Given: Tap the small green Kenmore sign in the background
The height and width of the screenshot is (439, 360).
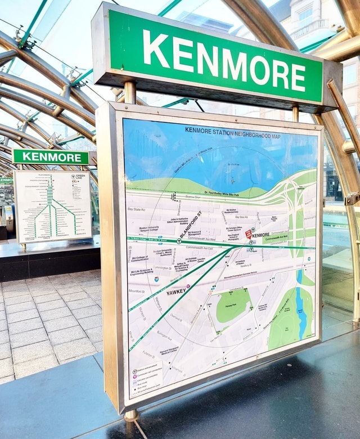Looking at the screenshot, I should tap(51, 157).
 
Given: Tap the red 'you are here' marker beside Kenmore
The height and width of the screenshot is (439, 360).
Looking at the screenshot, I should tap(248, 233).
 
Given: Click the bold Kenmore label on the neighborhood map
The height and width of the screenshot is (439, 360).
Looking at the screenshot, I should tap(260, 235).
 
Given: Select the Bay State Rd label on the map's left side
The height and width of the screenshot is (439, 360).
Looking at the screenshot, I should tap(136, 209).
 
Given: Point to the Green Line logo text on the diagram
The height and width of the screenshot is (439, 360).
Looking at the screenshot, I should tap(80, 177).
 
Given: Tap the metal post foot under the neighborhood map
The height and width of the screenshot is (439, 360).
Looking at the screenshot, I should tap(130, 415).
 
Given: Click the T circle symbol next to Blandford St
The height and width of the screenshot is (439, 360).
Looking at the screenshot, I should tap(179, 240).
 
